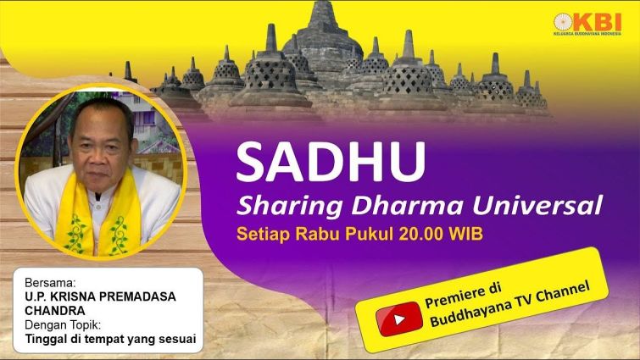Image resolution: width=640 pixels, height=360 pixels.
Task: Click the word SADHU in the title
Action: (x=331, y=161)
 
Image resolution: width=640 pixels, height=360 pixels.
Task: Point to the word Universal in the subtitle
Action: (x=537, y=205)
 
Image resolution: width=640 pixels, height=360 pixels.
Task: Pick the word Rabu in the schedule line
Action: (x=319, y=234)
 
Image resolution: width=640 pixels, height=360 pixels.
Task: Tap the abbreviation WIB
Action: (x=465, y=234)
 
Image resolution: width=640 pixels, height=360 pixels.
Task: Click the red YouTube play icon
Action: (x=398, y=319)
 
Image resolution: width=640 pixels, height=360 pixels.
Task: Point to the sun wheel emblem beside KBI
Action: (x=564, y=22)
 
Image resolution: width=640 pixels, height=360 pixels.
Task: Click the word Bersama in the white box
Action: (x=50, y=283)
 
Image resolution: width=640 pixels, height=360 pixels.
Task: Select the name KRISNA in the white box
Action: (x=70, y=296)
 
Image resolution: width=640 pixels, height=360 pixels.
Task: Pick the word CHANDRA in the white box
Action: (x=55, y=311)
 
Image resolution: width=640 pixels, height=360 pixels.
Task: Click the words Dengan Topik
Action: (x=63, y=325)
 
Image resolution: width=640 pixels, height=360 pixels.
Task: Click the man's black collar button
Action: (x=97, y=197)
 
